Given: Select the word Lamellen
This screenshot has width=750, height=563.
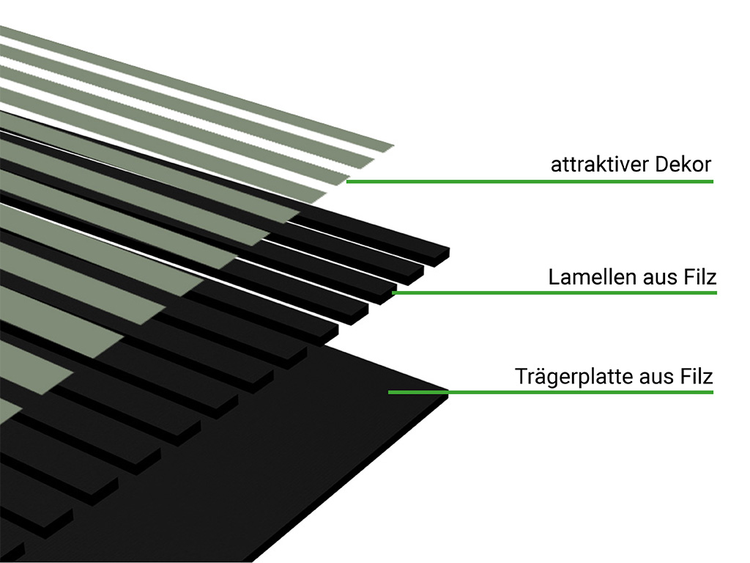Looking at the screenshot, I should point(584,278).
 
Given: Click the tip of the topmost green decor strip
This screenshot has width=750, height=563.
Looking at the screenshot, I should point(393,147).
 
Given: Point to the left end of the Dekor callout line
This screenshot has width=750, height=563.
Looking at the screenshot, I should point(348,180).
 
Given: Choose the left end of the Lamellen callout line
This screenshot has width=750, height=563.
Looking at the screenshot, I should point(394,293).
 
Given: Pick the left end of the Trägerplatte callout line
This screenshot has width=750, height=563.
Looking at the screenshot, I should point(390,392).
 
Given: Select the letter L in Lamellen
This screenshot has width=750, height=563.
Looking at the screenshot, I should point(553,278).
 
